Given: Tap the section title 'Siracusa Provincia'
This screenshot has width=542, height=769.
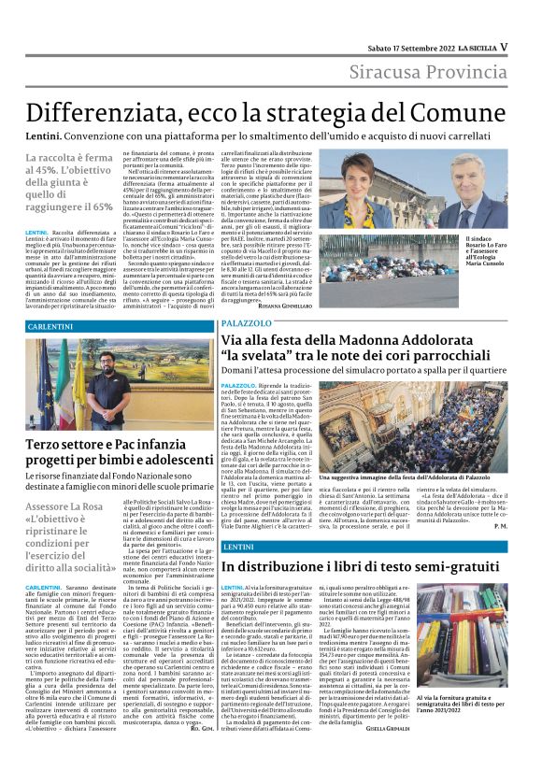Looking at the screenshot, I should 430,72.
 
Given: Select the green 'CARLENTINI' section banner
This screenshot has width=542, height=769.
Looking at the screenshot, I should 56,323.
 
